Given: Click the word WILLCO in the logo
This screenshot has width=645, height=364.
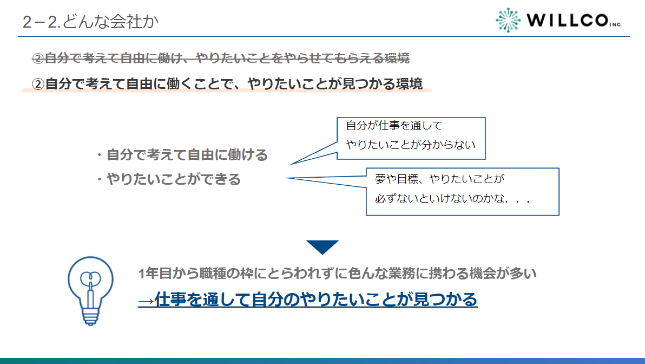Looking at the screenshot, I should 567,21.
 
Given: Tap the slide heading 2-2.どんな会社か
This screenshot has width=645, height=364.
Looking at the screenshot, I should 91,22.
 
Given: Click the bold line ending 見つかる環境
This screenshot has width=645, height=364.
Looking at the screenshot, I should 227,84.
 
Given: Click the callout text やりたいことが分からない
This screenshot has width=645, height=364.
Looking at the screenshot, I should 411,145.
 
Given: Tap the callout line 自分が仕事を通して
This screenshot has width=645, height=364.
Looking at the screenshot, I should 394,126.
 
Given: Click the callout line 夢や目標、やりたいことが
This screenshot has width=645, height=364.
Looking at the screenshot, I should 439,179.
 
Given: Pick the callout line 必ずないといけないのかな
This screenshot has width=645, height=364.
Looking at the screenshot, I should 452,199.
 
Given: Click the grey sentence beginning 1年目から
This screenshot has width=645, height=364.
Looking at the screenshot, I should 337,274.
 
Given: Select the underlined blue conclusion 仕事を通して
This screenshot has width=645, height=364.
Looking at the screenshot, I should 315,300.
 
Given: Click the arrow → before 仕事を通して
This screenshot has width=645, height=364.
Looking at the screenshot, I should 146,300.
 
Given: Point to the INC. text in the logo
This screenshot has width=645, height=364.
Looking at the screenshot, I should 615,25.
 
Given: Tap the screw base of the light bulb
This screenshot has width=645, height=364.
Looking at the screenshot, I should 90,315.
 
